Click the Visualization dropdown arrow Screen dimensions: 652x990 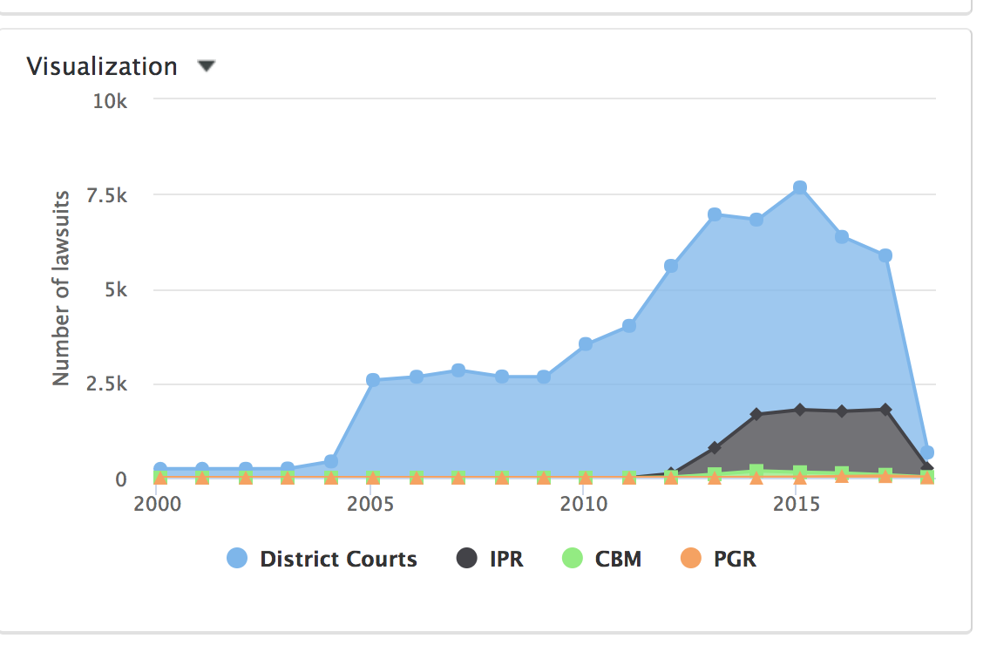pyautogui.click(x=206, y=66)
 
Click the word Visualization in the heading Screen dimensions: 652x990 pyautogui.click(x=102, y=66)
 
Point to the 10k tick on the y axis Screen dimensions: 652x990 pyautogui.click(x=111, y=101)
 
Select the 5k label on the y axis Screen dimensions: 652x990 pyautogui.click(x=116, y=289)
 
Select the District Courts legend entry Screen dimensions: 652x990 pyautogui.click(x=322, y=559)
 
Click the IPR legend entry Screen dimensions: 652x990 pyautogui.click(x=491, y=559)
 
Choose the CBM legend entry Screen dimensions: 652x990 pyautogui.click(x=602, y=559)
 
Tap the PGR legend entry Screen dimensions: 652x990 pyautogui.click(x=719, y=559)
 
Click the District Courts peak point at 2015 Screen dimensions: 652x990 pyautogui.click(x=799, y=187)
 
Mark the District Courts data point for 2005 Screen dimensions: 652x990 pyautogui.click(x=373, y=380)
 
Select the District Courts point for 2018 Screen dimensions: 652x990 pyautogui.click(x=927, y=452)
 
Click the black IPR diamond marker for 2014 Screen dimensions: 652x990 pyautogui.click(x=756, y=414)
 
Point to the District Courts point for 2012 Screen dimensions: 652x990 pyautogui.click(x=671, y=265)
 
